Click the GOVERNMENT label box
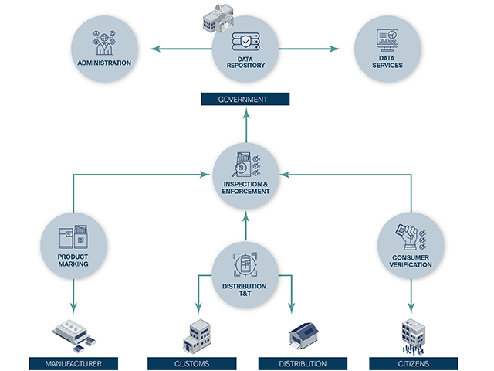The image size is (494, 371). pos(245,99)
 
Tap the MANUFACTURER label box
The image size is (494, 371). pos(73,362)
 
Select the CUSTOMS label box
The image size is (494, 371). pos(192,362)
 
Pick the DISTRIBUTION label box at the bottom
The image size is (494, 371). pos(303,362)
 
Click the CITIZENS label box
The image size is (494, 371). pos(414,362)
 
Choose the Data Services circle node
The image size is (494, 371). pos(387,50)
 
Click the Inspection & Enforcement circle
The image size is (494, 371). pos(245,174)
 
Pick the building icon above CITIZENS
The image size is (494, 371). pos(412,334)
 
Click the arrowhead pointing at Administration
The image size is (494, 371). pos(152,50)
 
